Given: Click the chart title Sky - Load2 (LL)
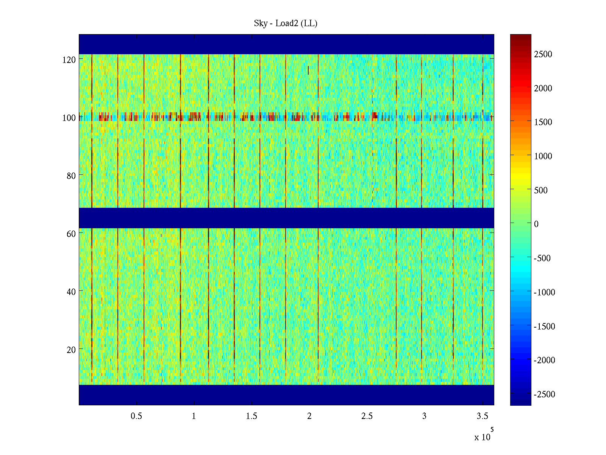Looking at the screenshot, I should (286, 24).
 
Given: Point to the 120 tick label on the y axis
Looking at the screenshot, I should (69, 60).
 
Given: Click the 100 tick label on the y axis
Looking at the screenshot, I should (69, 118).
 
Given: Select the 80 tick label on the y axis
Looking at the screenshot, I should (71, 176).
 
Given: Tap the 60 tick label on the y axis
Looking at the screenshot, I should (71, 234).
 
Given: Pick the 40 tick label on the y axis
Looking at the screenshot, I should (71, 292).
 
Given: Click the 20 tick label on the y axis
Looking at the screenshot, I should (71, 350).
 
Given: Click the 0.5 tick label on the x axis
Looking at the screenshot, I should (136, 416).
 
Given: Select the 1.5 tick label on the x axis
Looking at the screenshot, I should (251, 416).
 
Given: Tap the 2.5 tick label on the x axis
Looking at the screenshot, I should (367, 416).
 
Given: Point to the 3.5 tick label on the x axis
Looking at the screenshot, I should (482, 416).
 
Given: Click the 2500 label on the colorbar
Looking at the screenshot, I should (543, 54).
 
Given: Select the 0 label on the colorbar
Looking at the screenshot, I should (536, 224).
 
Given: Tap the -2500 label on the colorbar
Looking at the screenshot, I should (544, 394).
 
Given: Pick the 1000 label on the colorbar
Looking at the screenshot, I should (543, 156).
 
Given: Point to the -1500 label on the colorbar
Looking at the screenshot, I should (544, 326).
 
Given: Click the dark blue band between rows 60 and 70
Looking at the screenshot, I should (286, 218).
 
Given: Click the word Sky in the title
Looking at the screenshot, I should (261, 24).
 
